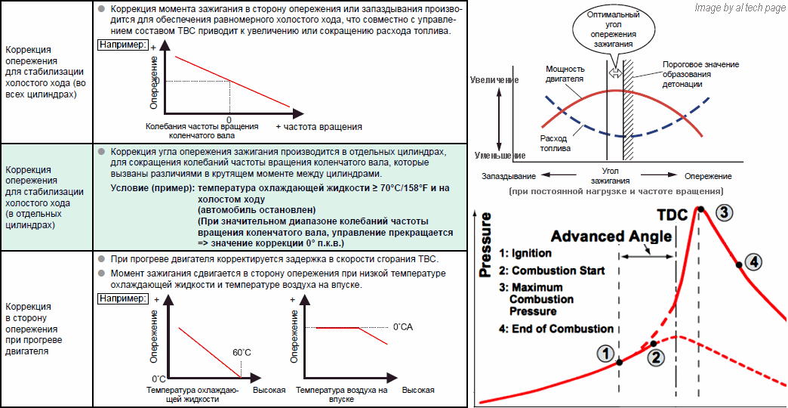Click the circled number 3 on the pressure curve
coord(724,212)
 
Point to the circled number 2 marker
coord(656,357)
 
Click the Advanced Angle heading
coord(611,236)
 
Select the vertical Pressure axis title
coord(485,246)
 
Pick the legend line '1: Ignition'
coord(525,254)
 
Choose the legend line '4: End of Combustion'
coord(556,329)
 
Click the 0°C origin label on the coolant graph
coord(159,379)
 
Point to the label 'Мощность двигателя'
coord(565,73)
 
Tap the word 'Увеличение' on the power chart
coord(493,79)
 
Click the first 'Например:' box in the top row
coord(123,45)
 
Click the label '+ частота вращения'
coord(319,126)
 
